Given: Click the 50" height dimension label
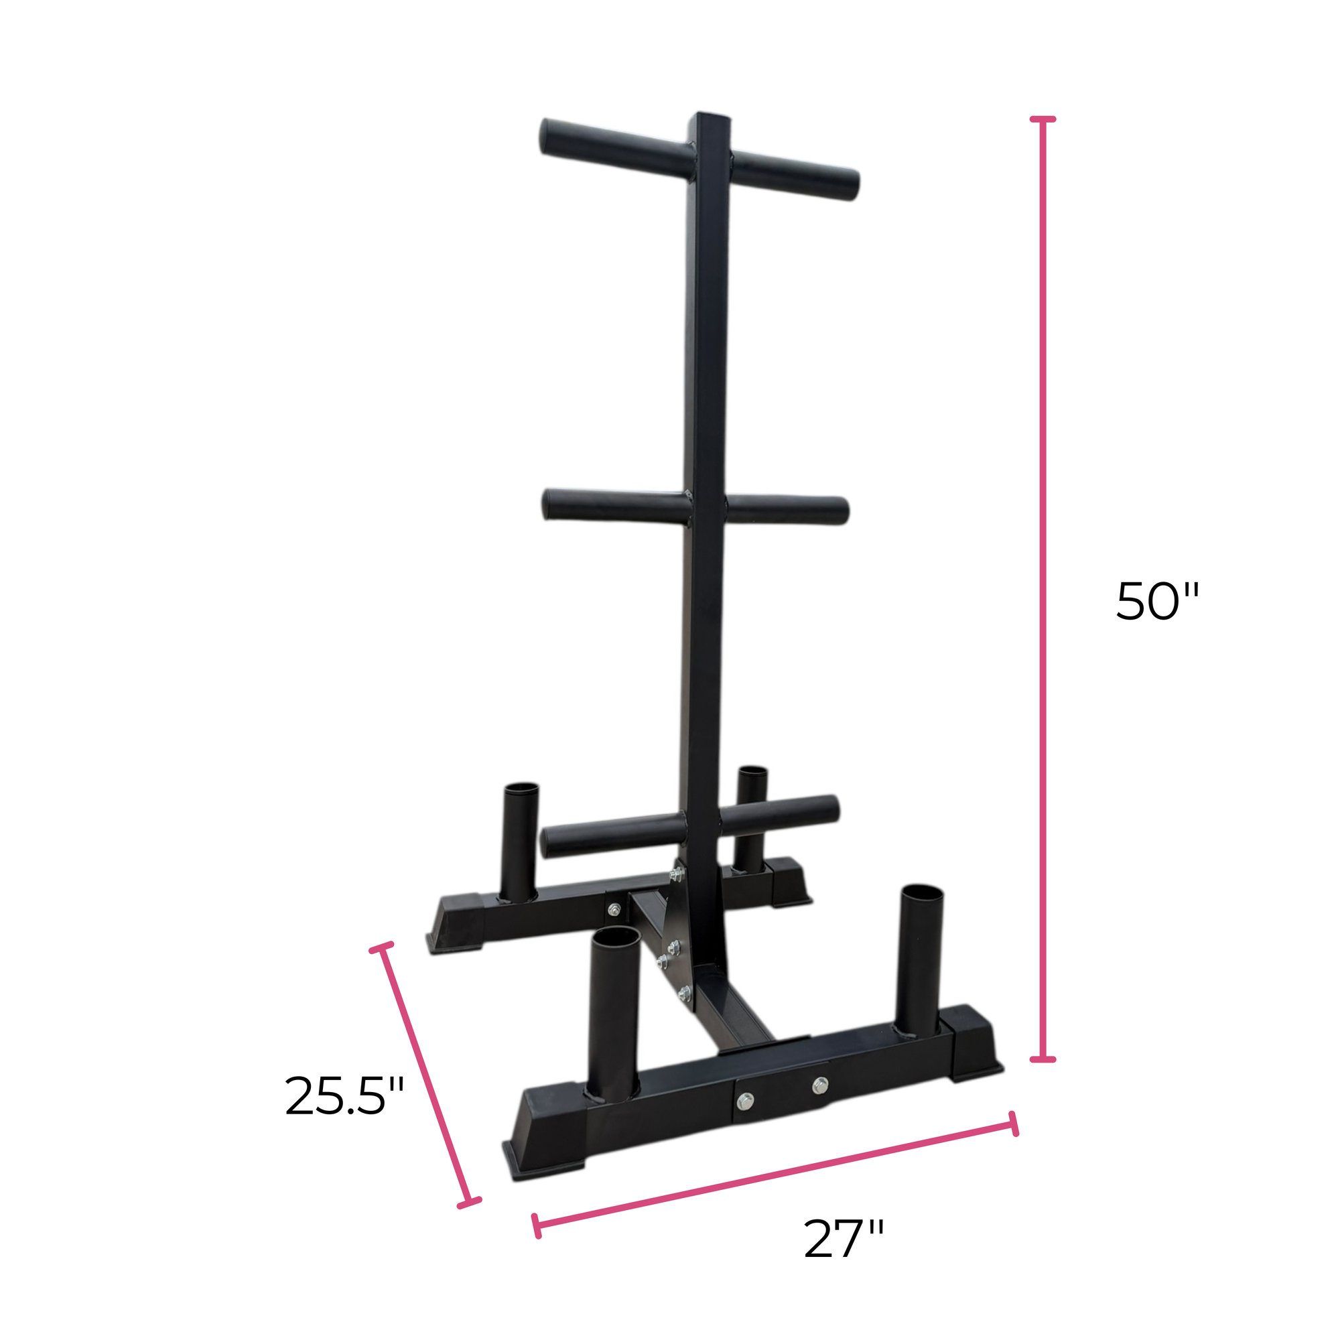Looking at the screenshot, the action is click(1156, 602).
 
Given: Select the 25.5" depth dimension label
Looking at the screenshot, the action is click(344, 1097).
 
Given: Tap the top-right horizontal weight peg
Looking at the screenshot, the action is click(794, 174).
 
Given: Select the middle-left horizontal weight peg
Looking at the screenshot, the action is click(614, 505).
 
